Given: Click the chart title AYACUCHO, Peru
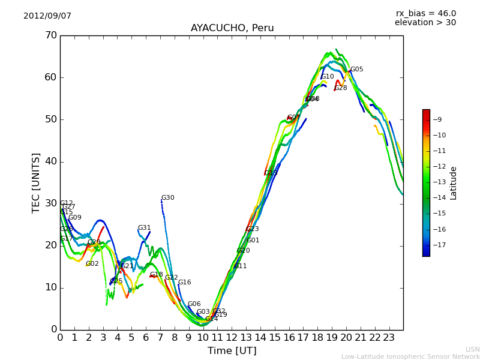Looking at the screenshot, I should [232, 28].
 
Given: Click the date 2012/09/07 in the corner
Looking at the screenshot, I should [47, 16].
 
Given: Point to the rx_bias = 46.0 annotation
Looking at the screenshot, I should [425, 13].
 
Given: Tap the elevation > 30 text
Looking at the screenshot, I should [425, 23].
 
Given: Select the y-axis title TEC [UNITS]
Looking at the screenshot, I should [36, 182].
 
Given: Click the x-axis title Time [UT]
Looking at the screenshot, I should [232, 350].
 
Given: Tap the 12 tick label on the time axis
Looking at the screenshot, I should [232, 337].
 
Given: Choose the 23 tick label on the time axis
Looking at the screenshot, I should [389, 337].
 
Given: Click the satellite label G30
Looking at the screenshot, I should [167, 198].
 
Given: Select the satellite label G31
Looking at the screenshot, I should [144, 228].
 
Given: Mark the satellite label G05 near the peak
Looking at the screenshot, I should [356, 70].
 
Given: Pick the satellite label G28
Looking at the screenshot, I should [341, 88].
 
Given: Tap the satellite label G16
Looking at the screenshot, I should [184, 283].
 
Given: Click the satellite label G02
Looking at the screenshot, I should [92, 264].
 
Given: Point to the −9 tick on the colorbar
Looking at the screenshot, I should [437, 119].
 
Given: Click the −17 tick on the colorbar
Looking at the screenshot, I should [439, 245].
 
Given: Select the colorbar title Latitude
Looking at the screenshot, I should [454, 183].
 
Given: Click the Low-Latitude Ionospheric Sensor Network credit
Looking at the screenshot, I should [410, 356].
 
